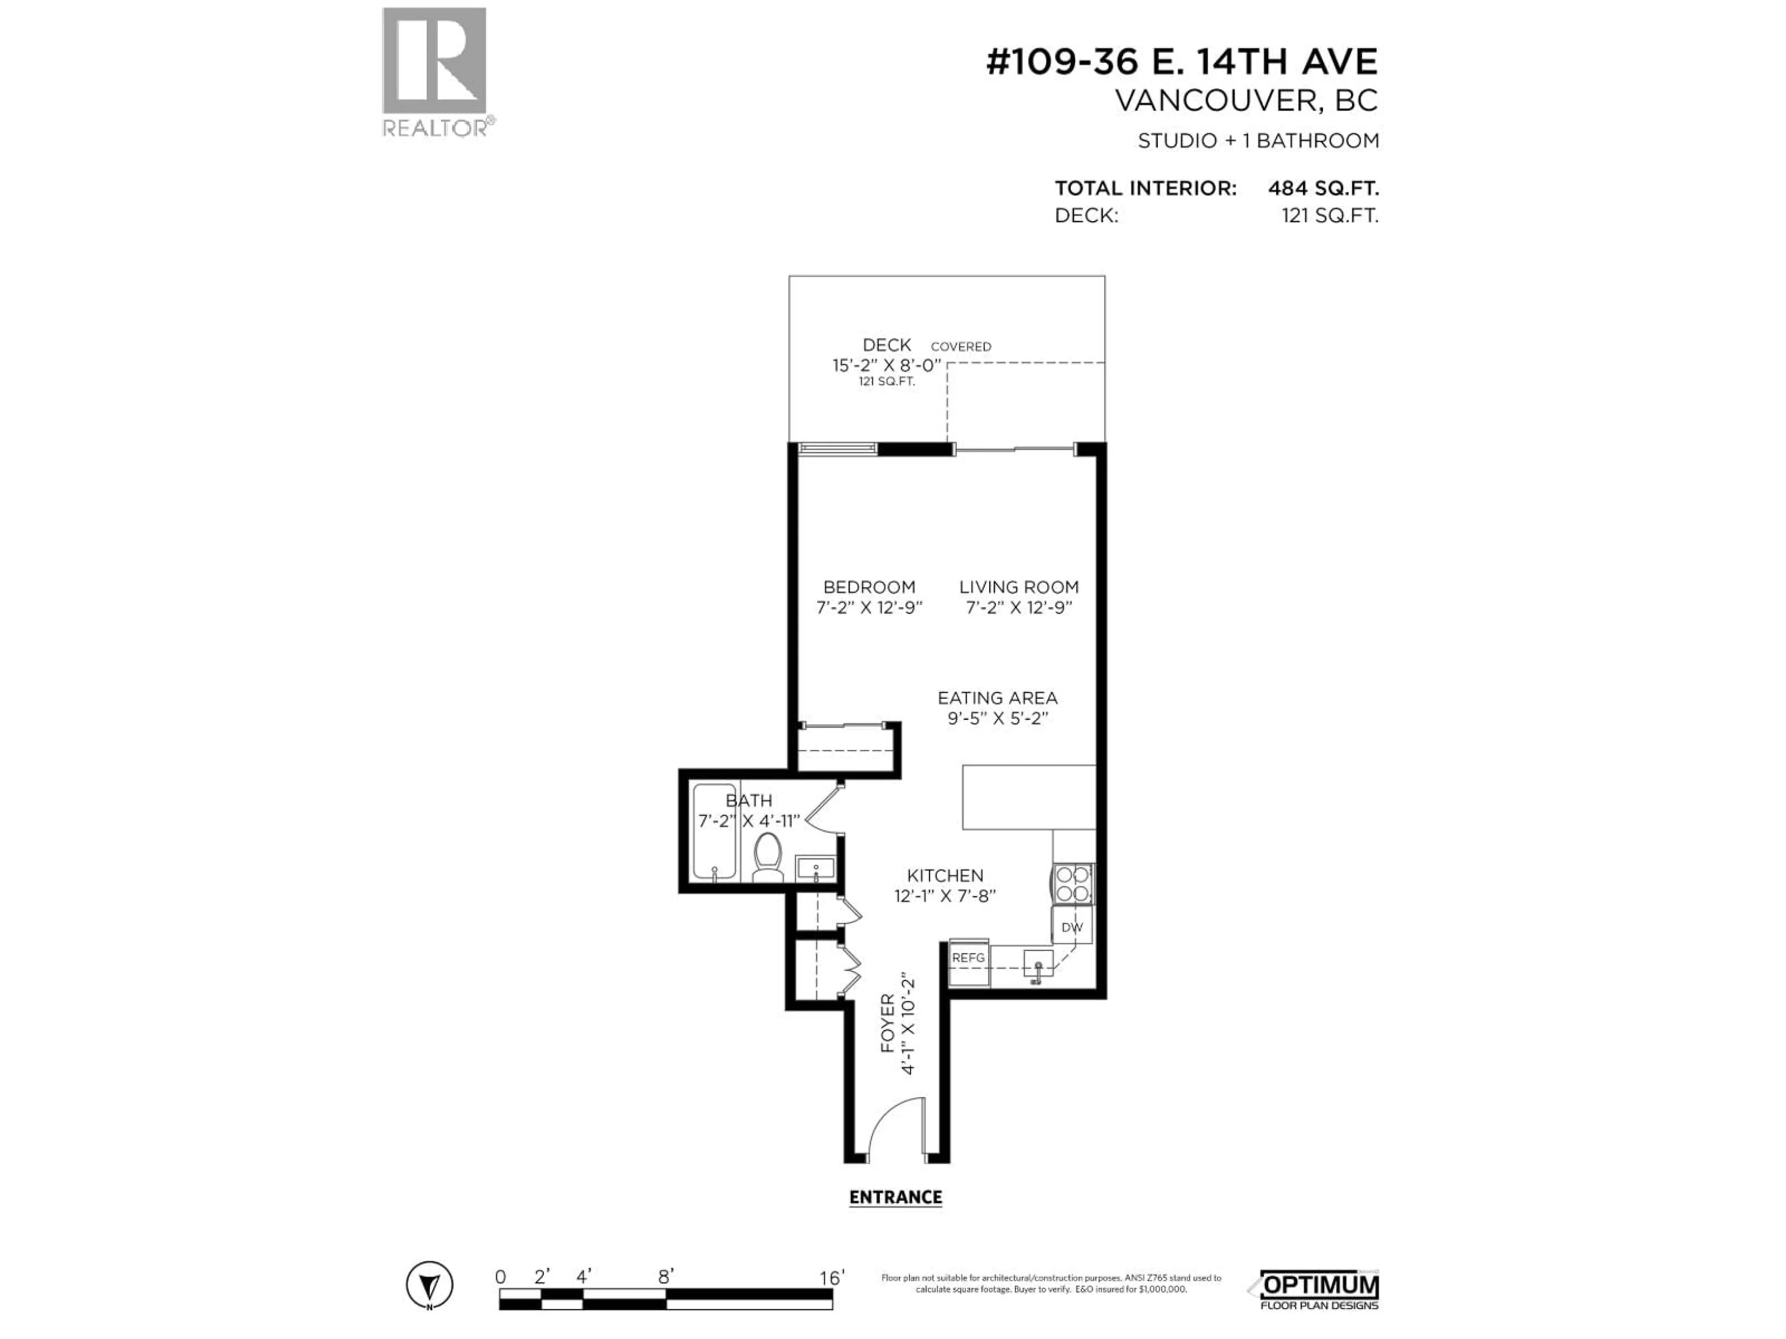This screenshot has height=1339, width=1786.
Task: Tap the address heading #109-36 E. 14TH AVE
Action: pos(1181,62)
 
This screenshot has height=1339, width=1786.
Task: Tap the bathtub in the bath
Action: pos(714,831)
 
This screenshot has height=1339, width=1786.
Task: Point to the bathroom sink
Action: pos(815,868)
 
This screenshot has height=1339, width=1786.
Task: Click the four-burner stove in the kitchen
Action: pos(1072,884)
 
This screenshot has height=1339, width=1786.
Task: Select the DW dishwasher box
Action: pos(1072,928)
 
